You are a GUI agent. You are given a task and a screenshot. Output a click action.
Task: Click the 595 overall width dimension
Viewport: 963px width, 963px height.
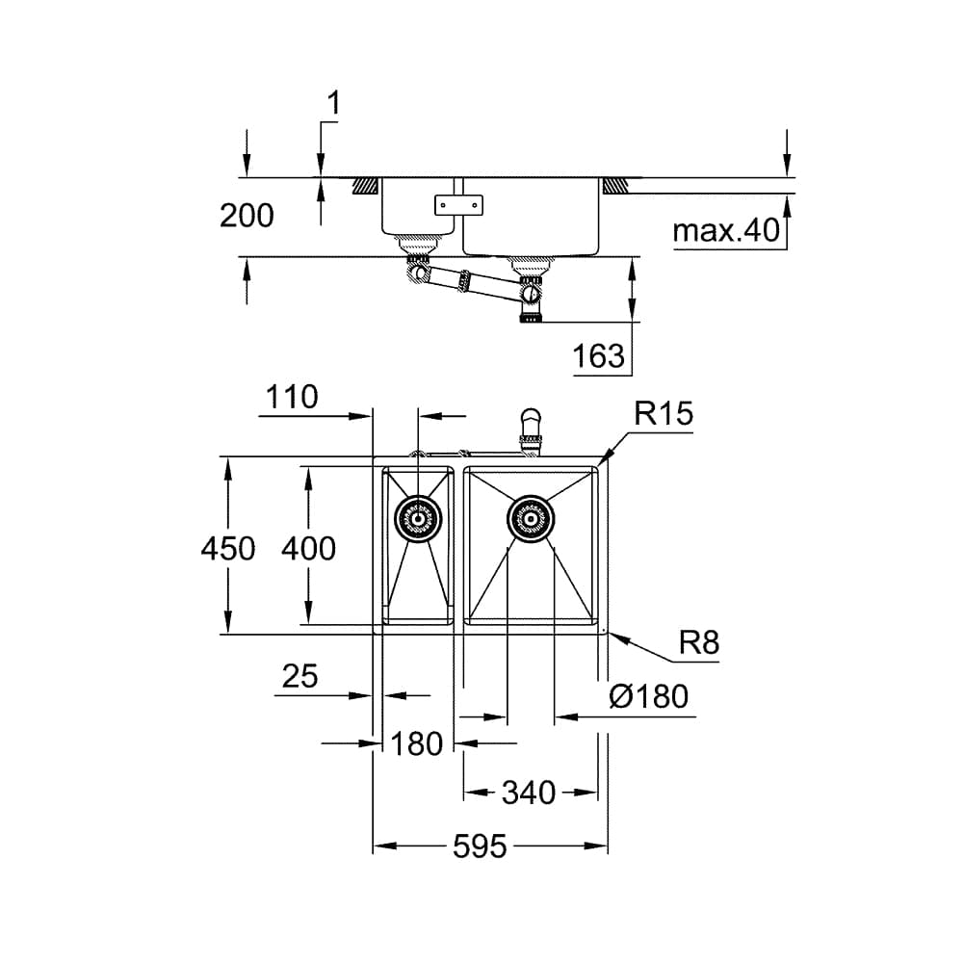(x=480, y=847)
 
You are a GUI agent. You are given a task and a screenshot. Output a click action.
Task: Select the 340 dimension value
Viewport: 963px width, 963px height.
(x=529, y=793)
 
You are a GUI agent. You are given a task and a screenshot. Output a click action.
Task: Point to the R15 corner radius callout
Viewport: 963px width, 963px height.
(x=664, y=414)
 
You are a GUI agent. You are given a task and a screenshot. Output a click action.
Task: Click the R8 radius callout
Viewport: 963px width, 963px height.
(x=698, y=642)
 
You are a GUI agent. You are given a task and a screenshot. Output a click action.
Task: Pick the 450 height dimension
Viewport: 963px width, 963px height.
(x=228, y=548)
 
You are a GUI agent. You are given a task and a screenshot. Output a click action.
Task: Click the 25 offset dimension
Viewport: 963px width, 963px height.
(x=299, y=677)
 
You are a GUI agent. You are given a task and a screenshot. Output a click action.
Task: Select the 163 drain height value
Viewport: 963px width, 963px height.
(x=598, y=357)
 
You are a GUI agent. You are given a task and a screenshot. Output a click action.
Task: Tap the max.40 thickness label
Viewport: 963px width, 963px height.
(x=725, y=232)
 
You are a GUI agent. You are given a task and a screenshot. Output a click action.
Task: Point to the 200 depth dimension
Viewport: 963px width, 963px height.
(x=247, y=216)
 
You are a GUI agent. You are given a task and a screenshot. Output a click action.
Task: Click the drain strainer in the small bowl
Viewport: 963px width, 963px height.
(x=418, y=520)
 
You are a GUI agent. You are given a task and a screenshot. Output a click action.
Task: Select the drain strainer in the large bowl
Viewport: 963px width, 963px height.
(x=530, y=520)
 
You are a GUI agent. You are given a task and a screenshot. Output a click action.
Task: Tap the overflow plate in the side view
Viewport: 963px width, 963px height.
(x=458, y=204)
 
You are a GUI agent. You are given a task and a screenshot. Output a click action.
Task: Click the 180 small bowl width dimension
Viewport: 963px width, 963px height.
(x=417, y=743)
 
